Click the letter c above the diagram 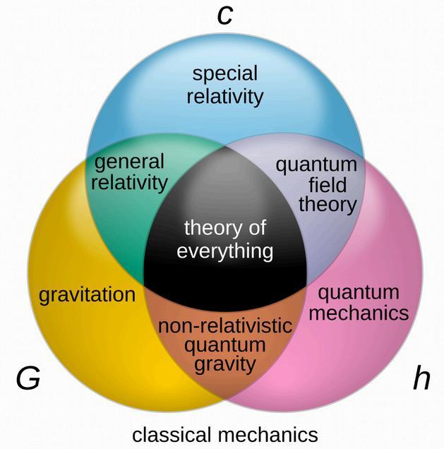click(x=224, y=14)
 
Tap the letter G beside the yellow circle click(x=28, y=379)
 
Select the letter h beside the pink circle click(x=421, y=379)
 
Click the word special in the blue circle click(x=224, y=73)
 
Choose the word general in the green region click(x=129, y=162)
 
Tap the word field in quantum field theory click(x=316, y=185)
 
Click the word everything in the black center click(x=224, y=250)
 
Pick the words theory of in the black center click(x=224, y=228)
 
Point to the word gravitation click(x=87, y=294)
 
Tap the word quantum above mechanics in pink click(x=359, y=292)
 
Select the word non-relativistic click(x=224, y=327)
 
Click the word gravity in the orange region click(x=224, y=364)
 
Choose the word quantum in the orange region click(x=224, y=345)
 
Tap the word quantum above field click(x=316, y=165)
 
